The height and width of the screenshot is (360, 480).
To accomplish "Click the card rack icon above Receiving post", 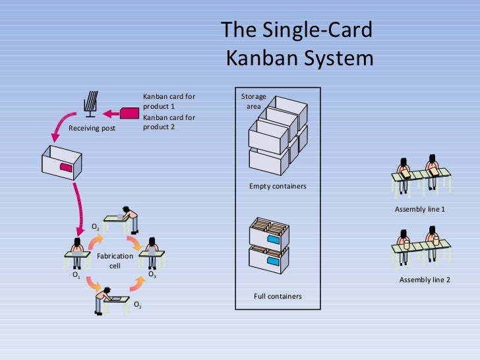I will coord(92,104).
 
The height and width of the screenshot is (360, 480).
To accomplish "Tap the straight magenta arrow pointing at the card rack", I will coord(122,111).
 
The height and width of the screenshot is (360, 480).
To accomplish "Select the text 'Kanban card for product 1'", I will coord(169,101).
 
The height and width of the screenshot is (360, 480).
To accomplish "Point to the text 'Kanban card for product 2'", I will coord(169,122).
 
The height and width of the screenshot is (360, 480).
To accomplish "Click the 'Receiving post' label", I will coord(92,128).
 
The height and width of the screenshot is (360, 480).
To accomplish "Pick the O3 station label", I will coord(152,274).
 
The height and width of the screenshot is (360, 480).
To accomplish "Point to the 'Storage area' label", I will coord(253,101).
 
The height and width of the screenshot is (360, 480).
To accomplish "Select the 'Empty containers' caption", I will coord(278,187).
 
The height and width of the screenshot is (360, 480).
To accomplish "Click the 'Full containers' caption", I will coord(278,296).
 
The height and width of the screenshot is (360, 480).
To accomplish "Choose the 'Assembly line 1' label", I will coord(420,209).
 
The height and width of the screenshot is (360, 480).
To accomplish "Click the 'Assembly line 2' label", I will coord(425,280).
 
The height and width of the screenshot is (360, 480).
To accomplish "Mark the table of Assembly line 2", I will coord(422,246).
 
